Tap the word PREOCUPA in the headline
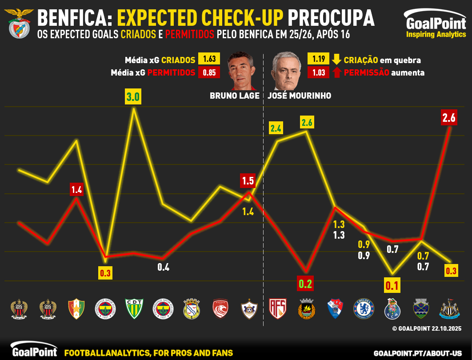pos(331,18)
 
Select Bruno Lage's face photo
pos(241,72)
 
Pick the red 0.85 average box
pos(209,72)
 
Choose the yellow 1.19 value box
pos(318,59)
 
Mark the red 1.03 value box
pos(318,72)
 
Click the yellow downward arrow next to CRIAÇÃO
pos(336,60)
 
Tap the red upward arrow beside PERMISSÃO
pos(336,72)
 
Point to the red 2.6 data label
pos(449,118)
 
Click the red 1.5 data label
pos(248,181)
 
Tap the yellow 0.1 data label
pos(392,285)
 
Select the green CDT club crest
pos(133,309)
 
